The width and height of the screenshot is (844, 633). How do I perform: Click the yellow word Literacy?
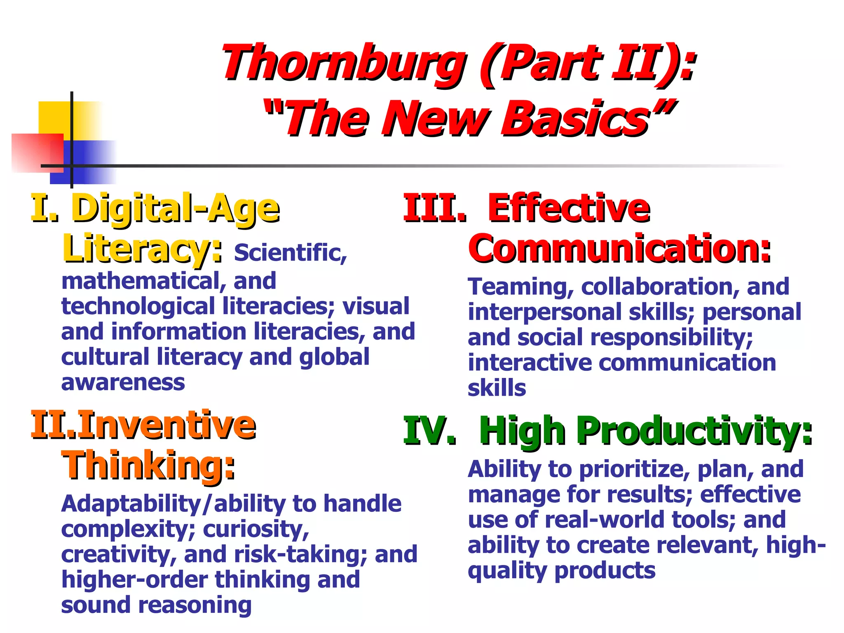[x=142, y=249]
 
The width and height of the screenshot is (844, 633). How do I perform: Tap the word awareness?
[x=123, y=382]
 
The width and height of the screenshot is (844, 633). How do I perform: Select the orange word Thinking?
[x=148, y=465]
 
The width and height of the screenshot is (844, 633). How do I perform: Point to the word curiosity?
[x=256, y=529]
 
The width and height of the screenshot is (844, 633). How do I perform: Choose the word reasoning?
[x=195, y=605]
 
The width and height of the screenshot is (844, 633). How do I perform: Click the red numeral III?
[x=434, y=208]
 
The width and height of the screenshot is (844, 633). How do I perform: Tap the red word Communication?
[x=619, y=249]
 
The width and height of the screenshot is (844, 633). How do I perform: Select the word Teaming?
[x=521, y=287]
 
